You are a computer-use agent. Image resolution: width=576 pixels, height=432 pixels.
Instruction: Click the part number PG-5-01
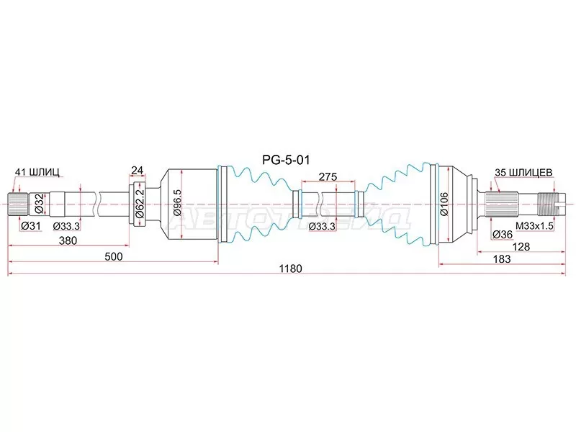[x=286, y=160]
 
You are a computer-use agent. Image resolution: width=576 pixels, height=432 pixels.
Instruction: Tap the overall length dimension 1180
[x=290, y=269]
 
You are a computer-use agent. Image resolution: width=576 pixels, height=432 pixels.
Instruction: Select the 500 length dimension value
[x=113, y=256]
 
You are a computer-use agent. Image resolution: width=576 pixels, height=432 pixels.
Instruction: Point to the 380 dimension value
[x=68, y=240]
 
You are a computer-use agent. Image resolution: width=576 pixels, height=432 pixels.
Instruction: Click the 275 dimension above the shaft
[x=328, y=176]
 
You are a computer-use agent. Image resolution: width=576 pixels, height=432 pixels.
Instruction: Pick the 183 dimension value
[x=501, y=259]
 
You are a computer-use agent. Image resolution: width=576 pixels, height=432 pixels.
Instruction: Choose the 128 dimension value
[x=521, y=246]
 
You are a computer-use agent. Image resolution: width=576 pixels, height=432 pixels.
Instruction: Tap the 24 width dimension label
[x=137, y=170]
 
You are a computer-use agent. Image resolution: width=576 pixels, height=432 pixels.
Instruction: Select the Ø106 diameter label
[x=444, y=204]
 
